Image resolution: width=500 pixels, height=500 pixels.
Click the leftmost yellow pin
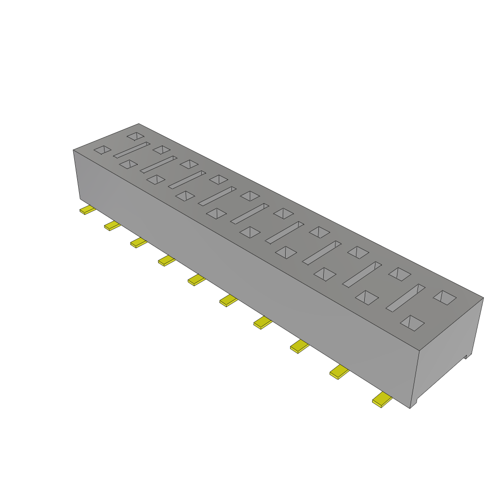click(x=88, y=210)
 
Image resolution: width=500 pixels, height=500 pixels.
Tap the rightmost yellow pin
click(x=382, y=400)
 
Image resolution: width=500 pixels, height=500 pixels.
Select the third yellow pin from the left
click(x=139, y=243)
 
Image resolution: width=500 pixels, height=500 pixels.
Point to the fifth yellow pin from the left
click(x=196, y=280)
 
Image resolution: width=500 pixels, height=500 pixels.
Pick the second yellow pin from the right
click(x=339, y=373)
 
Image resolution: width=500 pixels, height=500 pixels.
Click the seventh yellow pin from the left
click(x=263, y=322)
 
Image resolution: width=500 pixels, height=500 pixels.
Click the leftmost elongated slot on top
click(x=131, y=150)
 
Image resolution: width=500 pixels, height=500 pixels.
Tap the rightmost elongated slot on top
click(x=406, y=297)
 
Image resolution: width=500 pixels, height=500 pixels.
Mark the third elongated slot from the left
click(x=187, y=179)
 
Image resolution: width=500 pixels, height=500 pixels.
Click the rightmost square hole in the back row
click(x=445, y=297)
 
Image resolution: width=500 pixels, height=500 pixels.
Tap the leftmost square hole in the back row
click(x=135, y=135)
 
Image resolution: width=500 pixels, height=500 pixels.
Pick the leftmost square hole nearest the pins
click(x=103, y=150)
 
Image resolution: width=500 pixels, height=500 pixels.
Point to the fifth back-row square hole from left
click(x=250, y=196)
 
